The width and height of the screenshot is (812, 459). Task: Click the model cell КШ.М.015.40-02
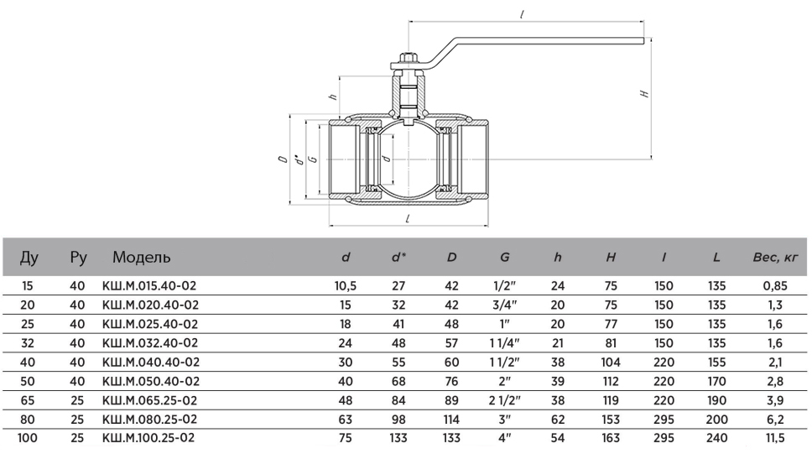pyautogui.click(x=149, y=285)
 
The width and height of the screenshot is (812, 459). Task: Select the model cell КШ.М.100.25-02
pyautogui.click(x=149, y=437)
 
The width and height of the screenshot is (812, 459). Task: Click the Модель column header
pyautogui.click(x=142, y=257)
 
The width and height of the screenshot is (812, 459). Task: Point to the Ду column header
pyautogui.click(x=28, y=257)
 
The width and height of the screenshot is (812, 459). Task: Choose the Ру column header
pyautogui.click(x=78, y=257)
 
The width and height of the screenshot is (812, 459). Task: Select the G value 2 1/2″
pyautogui.click(x=503, y=399)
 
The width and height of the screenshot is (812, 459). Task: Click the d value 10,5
pyautogui.click(x=346, y=285)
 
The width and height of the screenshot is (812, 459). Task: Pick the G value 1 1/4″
pyautogui.click(x=503, y=342)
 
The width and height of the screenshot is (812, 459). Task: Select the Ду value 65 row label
pyautogui.click(x=27, y=399)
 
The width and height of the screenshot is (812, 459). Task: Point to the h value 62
pyautogui.click(x=557, y=418)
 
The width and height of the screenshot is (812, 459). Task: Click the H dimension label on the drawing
pyautogui.click(x=644, y=94)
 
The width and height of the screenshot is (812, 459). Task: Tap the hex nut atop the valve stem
pyautogui.click(x=409, y=61)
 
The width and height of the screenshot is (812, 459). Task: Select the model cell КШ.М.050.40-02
pyautogui.click(x=149, y=380)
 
